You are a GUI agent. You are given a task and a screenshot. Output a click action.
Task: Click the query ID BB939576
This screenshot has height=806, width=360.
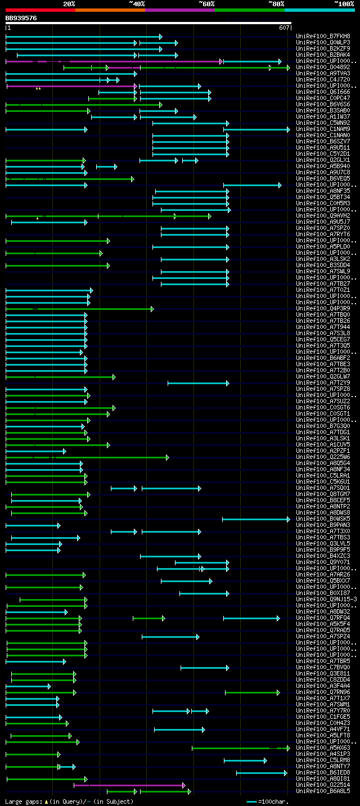click(x=21, y=18)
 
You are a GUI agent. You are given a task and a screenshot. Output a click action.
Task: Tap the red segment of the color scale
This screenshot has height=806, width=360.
click(x=40, y=10)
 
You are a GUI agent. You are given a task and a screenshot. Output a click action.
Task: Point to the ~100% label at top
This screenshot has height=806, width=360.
click(x=344, y=4)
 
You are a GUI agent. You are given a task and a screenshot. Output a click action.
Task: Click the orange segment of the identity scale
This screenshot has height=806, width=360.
click(x=110, y=10)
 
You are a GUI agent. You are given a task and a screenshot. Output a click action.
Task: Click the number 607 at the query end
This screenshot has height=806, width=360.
click(x=283, y=28)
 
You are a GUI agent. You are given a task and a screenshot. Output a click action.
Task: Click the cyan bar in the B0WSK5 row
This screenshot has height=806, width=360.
click(x=255, y=519)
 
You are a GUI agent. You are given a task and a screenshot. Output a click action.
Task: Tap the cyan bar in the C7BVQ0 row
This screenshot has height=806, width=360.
click(x=204, y=668)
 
